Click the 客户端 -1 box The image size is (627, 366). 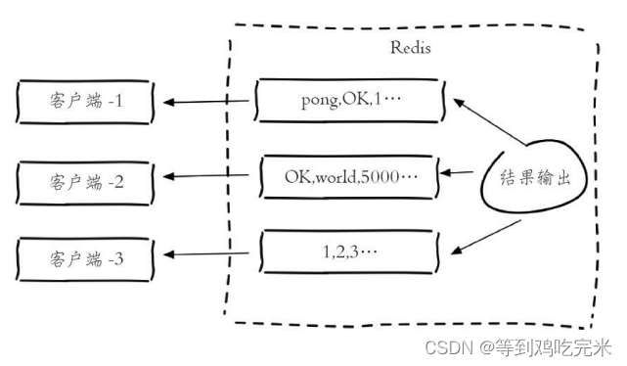(86, 101)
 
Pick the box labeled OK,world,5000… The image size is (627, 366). (349, 177)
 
